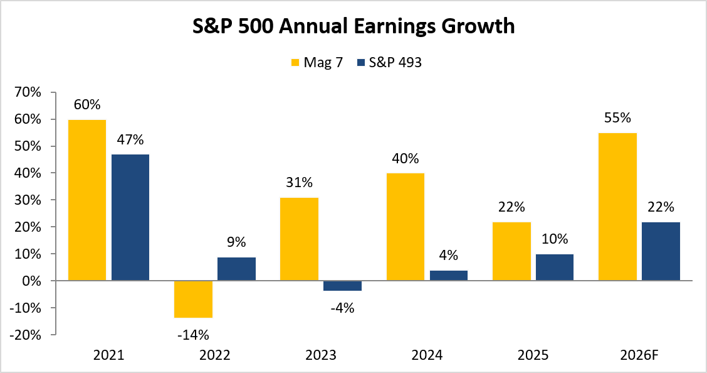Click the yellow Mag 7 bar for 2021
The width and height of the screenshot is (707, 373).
click(87, 200)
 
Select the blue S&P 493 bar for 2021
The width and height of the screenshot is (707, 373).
click(130, 217)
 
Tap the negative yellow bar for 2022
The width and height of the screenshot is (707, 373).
click(194, 300)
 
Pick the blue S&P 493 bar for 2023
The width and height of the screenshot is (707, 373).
click(342, 286)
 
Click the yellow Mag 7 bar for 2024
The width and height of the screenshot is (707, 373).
click(406, 227)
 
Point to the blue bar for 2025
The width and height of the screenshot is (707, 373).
click(555, 268)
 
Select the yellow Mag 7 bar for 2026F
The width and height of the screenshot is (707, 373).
click(618, 207)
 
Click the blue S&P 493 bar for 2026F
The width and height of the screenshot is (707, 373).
click(661, 251)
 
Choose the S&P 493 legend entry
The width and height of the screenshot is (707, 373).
click(389, 62)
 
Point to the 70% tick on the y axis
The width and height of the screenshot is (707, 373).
click(29, 92)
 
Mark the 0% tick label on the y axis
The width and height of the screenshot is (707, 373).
click(32, 281)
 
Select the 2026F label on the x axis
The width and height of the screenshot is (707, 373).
click(639, 355)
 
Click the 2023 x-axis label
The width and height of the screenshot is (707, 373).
click(320, 355)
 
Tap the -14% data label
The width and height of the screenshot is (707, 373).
click(194, 335)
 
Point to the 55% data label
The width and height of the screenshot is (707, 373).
click(618, 118)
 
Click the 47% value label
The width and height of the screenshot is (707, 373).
click(130, 140)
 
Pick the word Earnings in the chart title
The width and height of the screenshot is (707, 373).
click(394, 26)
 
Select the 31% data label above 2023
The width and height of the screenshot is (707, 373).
click(300, 183)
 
